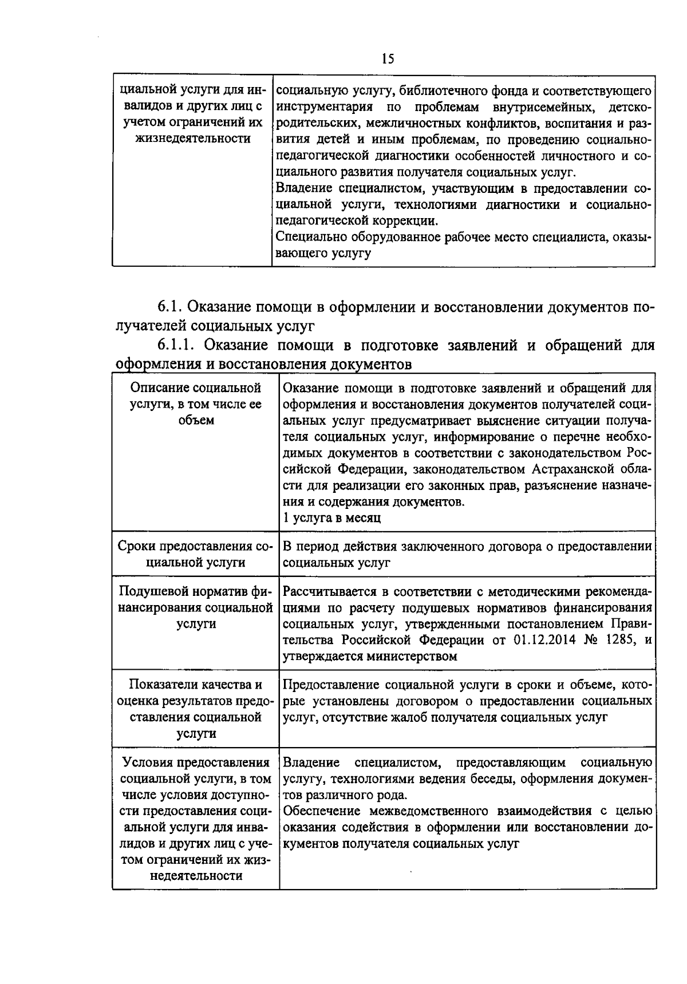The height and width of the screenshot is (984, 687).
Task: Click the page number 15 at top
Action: click(x=387, y=59)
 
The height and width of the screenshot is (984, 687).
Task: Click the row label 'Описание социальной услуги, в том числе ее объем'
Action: click(x=195, y=404)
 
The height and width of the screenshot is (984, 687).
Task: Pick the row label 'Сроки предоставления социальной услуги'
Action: click(x=195, y=554)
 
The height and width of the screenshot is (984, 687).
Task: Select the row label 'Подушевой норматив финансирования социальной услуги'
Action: click(x=195, y=607)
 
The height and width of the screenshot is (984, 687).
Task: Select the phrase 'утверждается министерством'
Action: click(x=370, y=656)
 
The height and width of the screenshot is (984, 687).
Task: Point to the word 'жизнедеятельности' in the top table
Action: click(x=192, y=139)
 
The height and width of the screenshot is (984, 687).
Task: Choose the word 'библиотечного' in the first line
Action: click(x=446, y=90)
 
